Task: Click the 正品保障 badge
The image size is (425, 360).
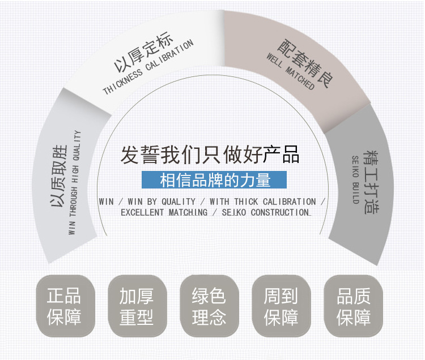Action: pos(64,306)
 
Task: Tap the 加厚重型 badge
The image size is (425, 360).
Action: pos(136,306)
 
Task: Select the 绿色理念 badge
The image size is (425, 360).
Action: pos(209,306)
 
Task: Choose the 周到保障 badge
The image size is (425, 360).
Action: pos(280,306)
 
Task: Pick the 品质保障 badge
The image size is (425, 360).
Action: pos(353,306)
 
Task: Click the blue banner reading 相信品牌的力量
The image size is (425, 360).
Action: pos(215,180)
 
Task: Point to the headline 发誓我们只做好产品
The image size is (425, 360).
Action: pos(210,155)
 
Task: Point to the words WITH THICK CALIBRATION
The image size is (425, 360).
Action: pos(262,202)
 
